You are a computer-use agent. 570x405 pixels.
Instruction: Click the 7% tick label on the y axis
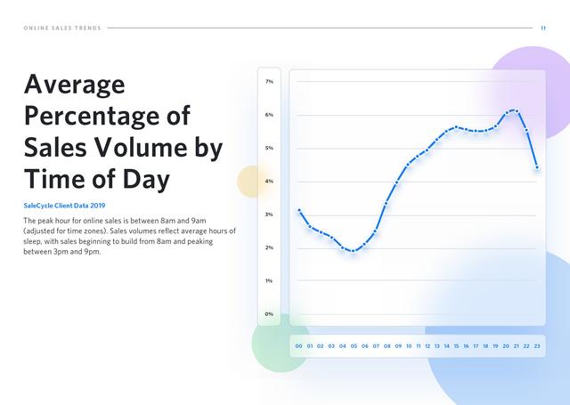[269, 82]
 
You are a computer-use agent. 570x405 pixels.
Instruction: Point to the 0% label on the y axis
[269, 314]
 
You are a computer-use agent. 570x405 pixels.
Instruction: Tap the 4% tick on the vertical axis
[269, 182]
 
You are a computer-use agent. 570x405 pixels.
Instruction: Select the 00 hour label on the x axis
[299, 346]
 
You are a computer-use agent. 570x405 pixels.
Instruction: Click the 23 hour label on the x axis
[537, 346]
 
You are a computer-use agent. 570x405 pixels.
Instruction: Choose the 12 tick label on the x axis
[427, 346]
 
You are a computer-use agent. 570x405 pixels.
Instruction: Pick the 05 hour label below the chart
[354, 346]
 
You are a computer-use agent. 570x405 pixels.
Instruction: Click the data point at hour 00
[299, 210]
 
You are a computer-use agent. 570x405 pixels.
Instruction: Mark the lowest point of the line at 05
[353, 251]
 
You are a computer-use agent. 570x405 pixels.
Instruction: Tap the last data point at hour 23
[537, 167]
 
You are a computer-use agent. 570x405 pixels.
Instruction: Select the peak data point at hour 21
[517, 110]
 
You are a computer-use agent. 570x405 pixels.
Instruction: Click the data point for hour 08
[386, 203]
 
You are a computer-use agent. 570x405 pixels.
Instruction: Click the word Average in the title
[75, 85]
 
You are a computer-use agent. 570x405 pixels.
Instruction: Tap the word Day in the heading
[146, 180]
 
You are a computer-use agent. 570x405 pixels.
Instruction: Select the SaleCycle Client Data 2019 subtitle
[64, 206]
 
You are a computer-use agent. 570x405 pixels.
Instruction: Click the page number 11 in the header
[543, 28]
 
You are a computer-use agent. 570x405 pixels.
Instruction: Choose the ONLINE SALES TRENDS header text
[62, 28]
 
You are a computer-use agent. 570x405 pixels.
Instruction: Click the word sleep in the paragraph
[32, 241]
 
